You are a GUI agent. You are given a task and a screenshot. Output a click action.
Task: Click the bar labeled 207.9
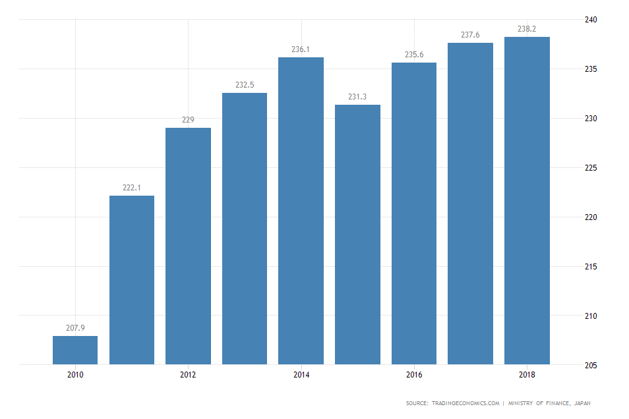pyautogui.click(x=75, y=350)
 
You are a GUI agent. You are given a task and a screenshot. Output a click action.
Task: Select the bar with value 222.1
pyautogui.click(x=132, y=279)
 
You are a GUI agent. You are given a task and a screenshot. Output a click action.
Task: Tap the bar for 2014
pyautogui.click(x=301, y=211)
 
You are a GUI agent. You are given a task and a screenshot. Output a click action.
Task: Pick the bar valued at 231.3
pyautogui.click(x=357, y=234)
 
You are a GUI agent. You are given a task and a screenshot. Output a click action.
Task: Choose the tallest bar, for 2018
pyautogui.click(x=527, y=200)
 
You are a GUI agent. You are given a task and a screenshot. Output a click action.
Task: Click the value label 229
pyautogui.click(x=188, y=119)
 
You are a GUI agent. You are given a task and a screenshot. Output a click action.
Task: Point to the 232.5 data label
pyautogui.click(x=245, y=84)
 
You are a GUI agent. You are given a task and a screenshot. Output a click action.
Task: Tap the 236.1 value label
pyautogui.click(x=301, y=49)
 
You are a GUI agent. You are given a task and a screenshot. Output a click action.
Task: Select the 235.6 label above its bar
pyautogui.click(x=414, y=54)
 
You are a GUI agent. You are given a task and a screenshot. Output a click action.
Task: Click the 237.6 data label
pyautogui.click(x=470, y=35)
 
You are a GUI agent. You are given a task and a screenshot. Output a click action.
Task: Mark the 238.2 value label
pyautogui.click(x=527, y=29)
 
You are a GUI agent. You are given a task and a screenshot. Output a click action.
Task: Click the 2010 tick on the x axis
pyautogui.click(x=75, y=375)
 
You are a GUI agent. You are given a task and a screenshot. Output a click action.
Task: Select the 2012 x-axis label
pyautogui.click(x=188, y=375)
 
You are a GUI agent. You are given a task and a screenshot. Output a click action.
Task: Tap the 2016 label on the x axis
pyautogui.click(x=414, y=375)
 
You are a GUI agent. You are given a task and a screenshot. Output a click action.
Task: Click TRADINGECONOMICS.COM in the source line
pyautogui.click(x=465, y=403)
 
